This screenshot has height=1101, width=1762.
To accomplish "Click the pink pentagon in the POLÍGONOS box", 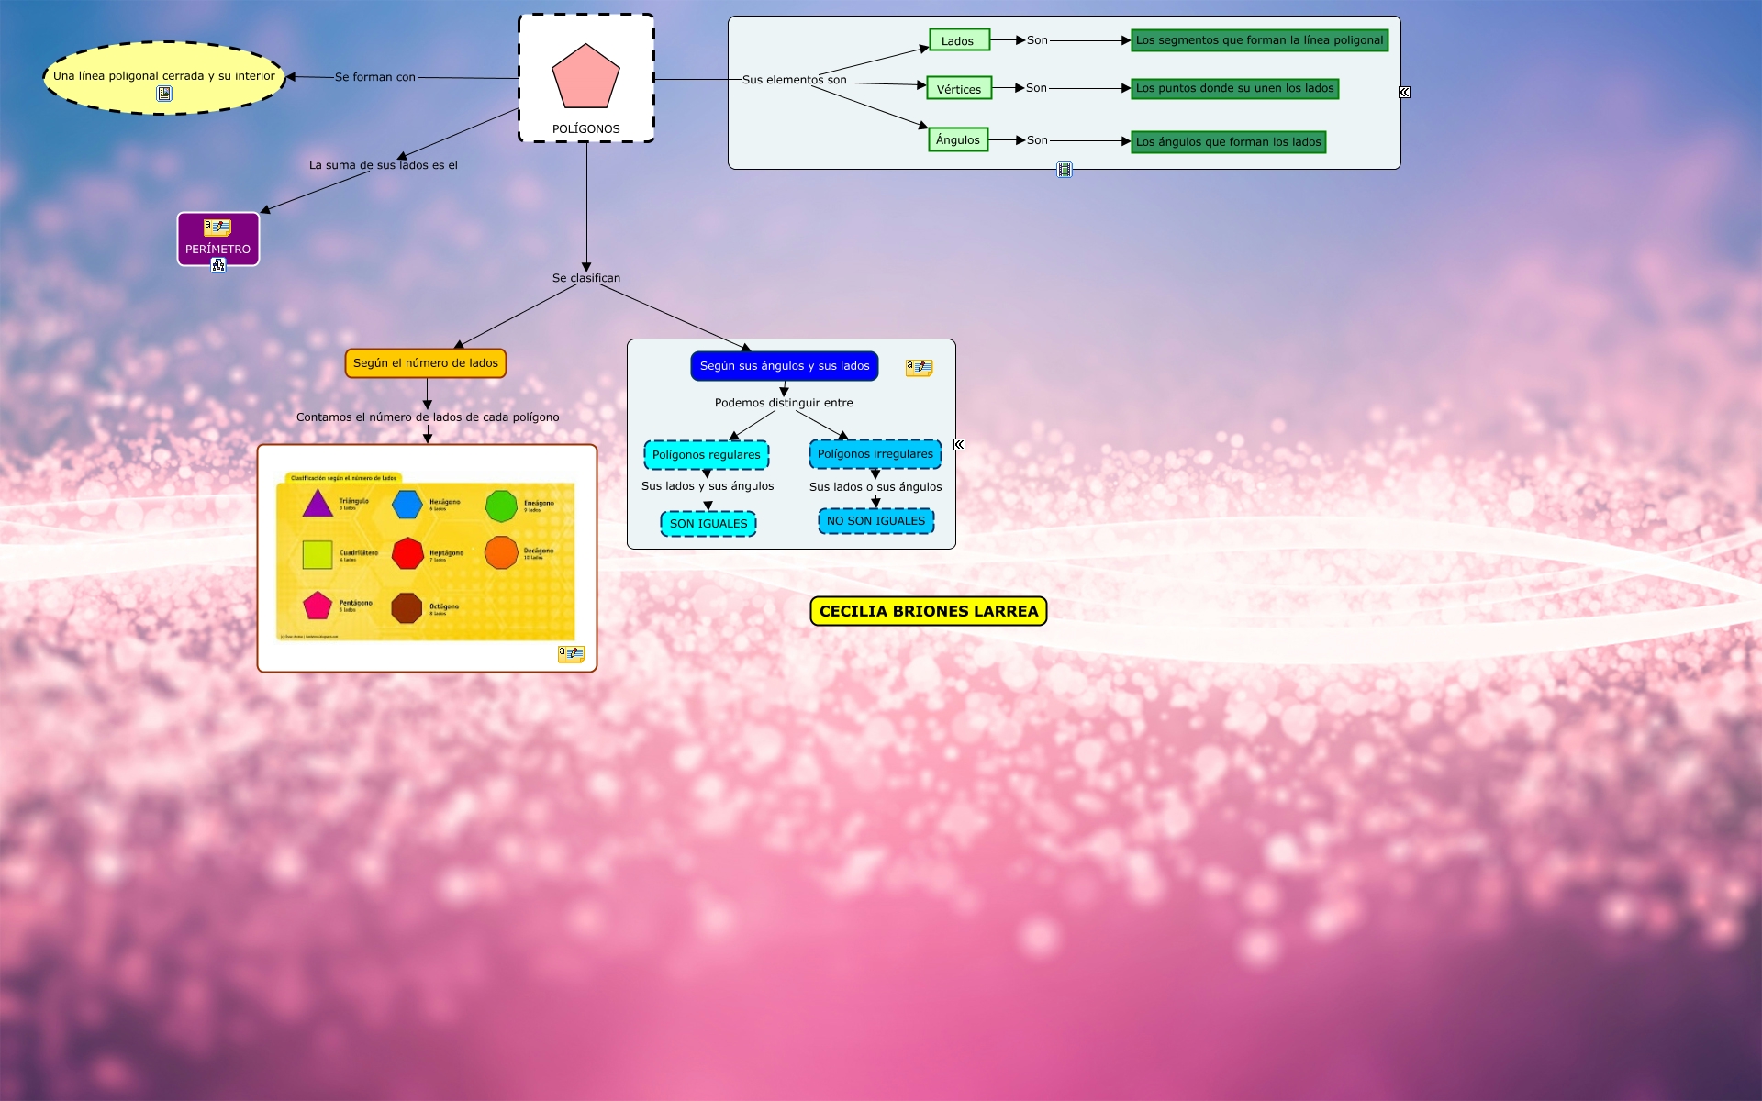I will [585, 77].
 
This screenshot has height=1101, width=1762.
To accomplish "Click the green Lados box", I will [958, 40].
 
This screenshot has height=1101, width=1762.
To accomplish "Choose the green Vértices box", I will [959, 88].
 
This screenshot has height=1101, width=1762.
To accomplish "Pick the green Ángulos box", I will [958, 139].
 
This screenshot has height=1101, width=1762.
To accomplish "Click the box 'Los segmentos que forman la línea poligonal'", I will [1259, 40].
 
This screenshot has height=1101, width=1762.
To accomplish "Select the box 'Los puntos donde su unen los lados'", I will [1234, 88].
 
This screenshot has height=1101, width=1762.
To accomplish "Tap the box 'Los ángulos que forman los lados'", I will [1228, 141].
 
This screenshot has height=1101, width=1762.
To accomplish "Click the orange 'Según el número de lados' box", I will [426, 363].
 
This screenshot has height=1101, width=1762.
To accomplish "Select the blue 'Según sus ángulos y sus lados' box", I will [785, 366].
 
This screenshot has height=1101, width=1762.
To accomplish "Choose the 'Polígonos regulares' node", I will [707, 454].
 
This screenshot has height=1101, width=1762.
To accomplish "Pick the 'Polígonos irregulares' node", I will [875, 454].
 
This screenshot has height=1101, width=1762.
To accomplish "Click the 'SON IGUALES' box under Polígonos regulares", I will [708, 524].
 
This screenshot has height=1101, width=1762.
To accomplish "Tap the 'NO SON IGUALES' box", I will [876, 521].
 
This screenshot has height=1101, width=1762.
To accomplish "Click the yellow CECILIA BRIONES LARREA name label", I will [929, 611].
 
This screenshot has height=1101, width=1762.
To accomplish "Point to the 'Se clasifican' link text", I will [586, 278].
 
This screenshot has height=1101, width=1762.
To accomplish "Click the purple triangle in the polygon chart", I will [318, 505].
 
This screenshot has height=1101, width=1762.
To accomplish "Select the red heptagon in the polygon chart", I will [408, 553].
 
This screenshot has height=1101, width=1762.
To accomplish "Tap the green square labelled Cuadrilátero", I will [318, 554].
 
